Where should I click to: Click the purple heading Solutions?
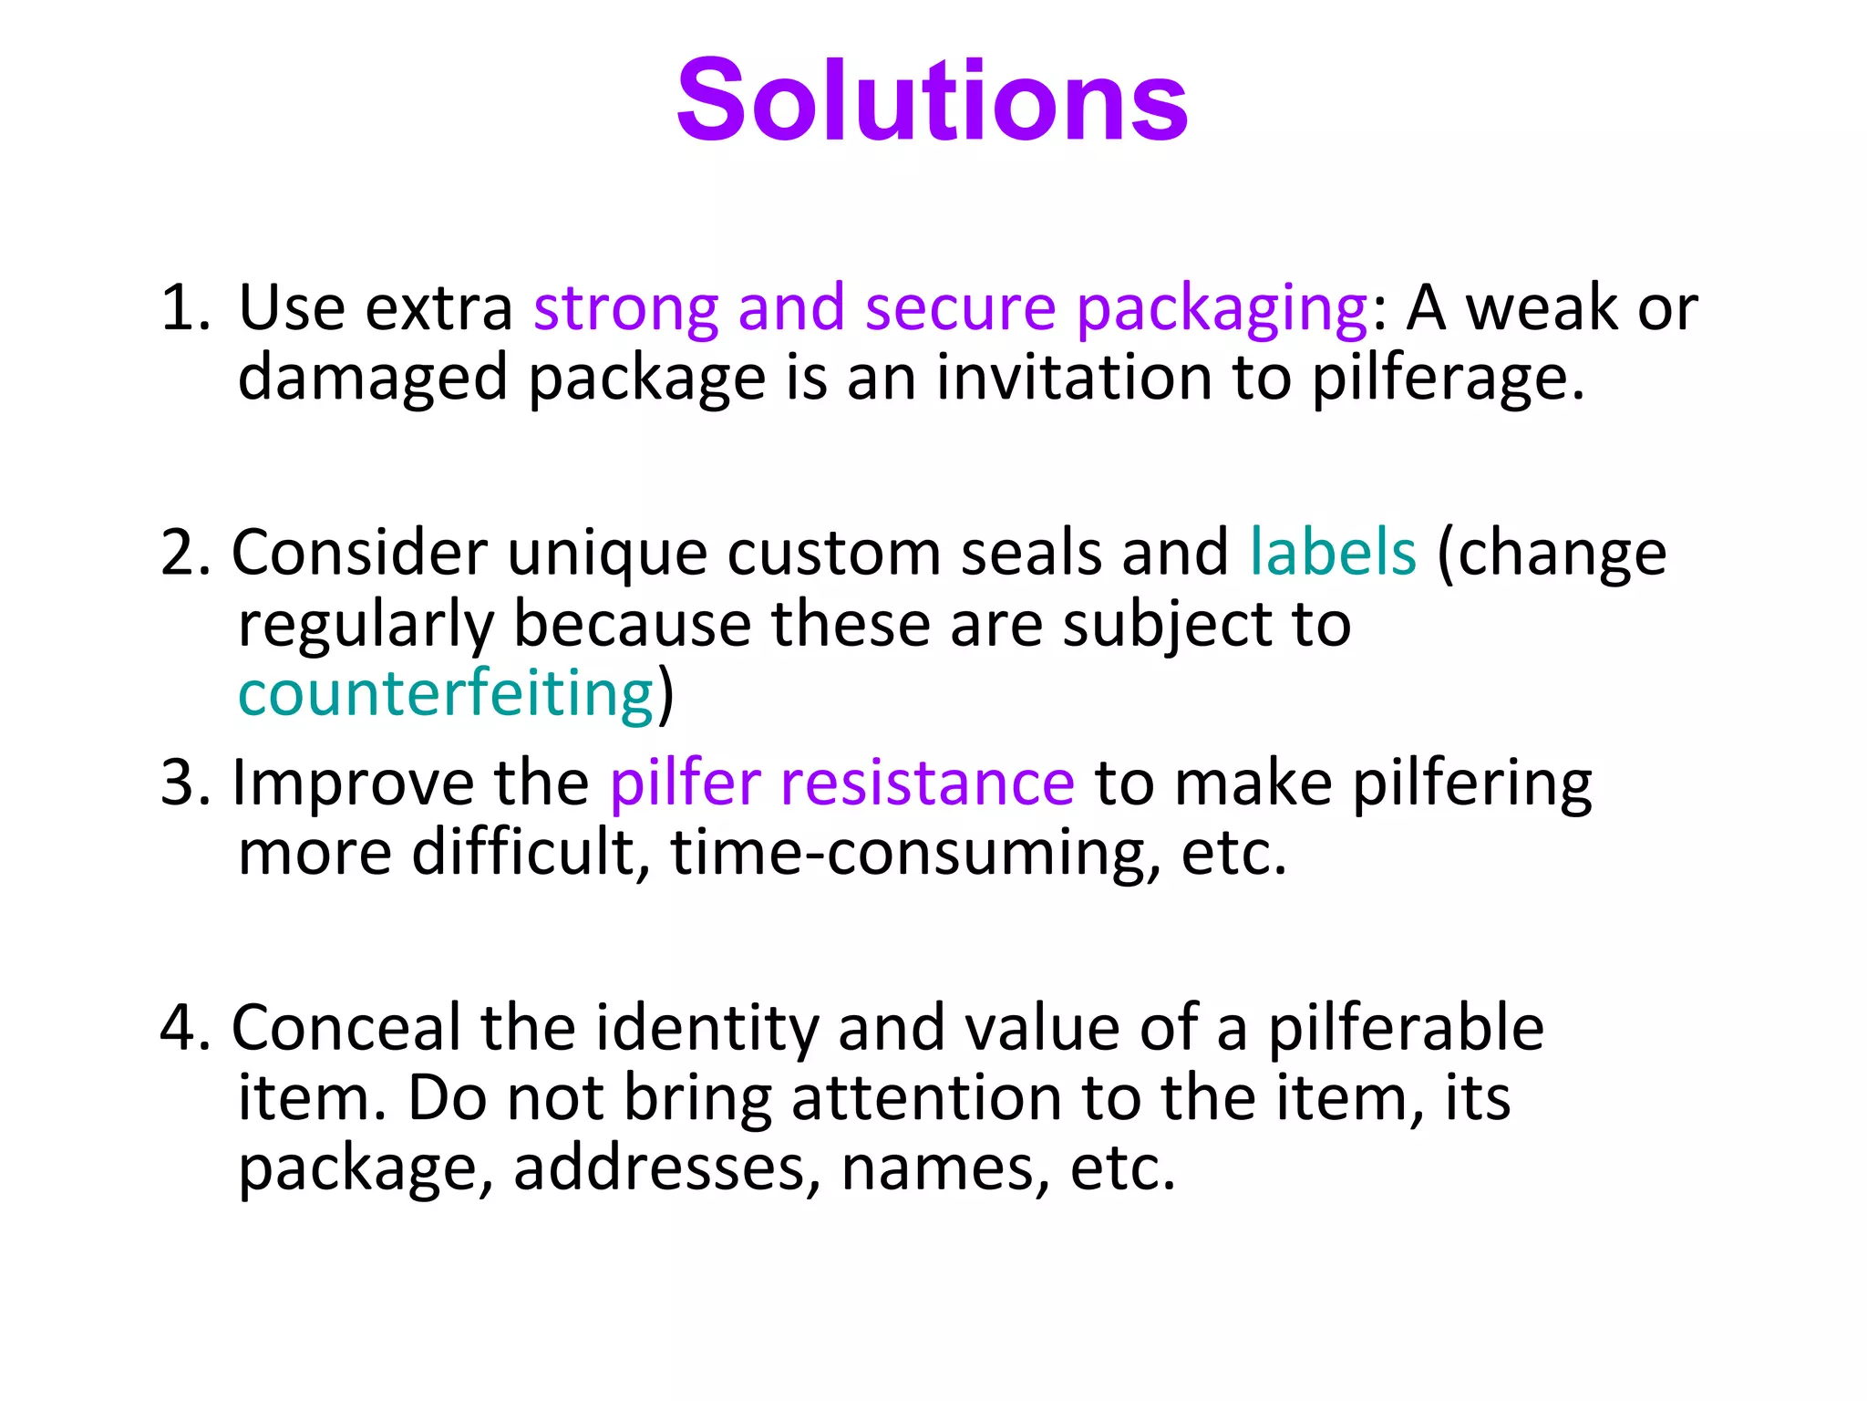[932, 100]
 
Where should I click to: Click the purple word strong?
[625, 308]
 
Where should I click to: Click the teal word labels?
[1333, 554]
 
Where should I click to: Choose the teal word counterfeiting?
[446, 694]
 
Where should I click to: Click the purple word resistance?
[927, 784]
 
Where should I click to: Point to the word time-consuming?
[915, 854]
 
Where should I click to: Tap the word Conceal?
[346, 1029]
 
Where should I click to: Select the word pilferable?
[1406, 1029]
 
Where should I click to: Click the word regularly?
[365, 626]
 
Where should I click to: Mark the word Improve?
[353, 784]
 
